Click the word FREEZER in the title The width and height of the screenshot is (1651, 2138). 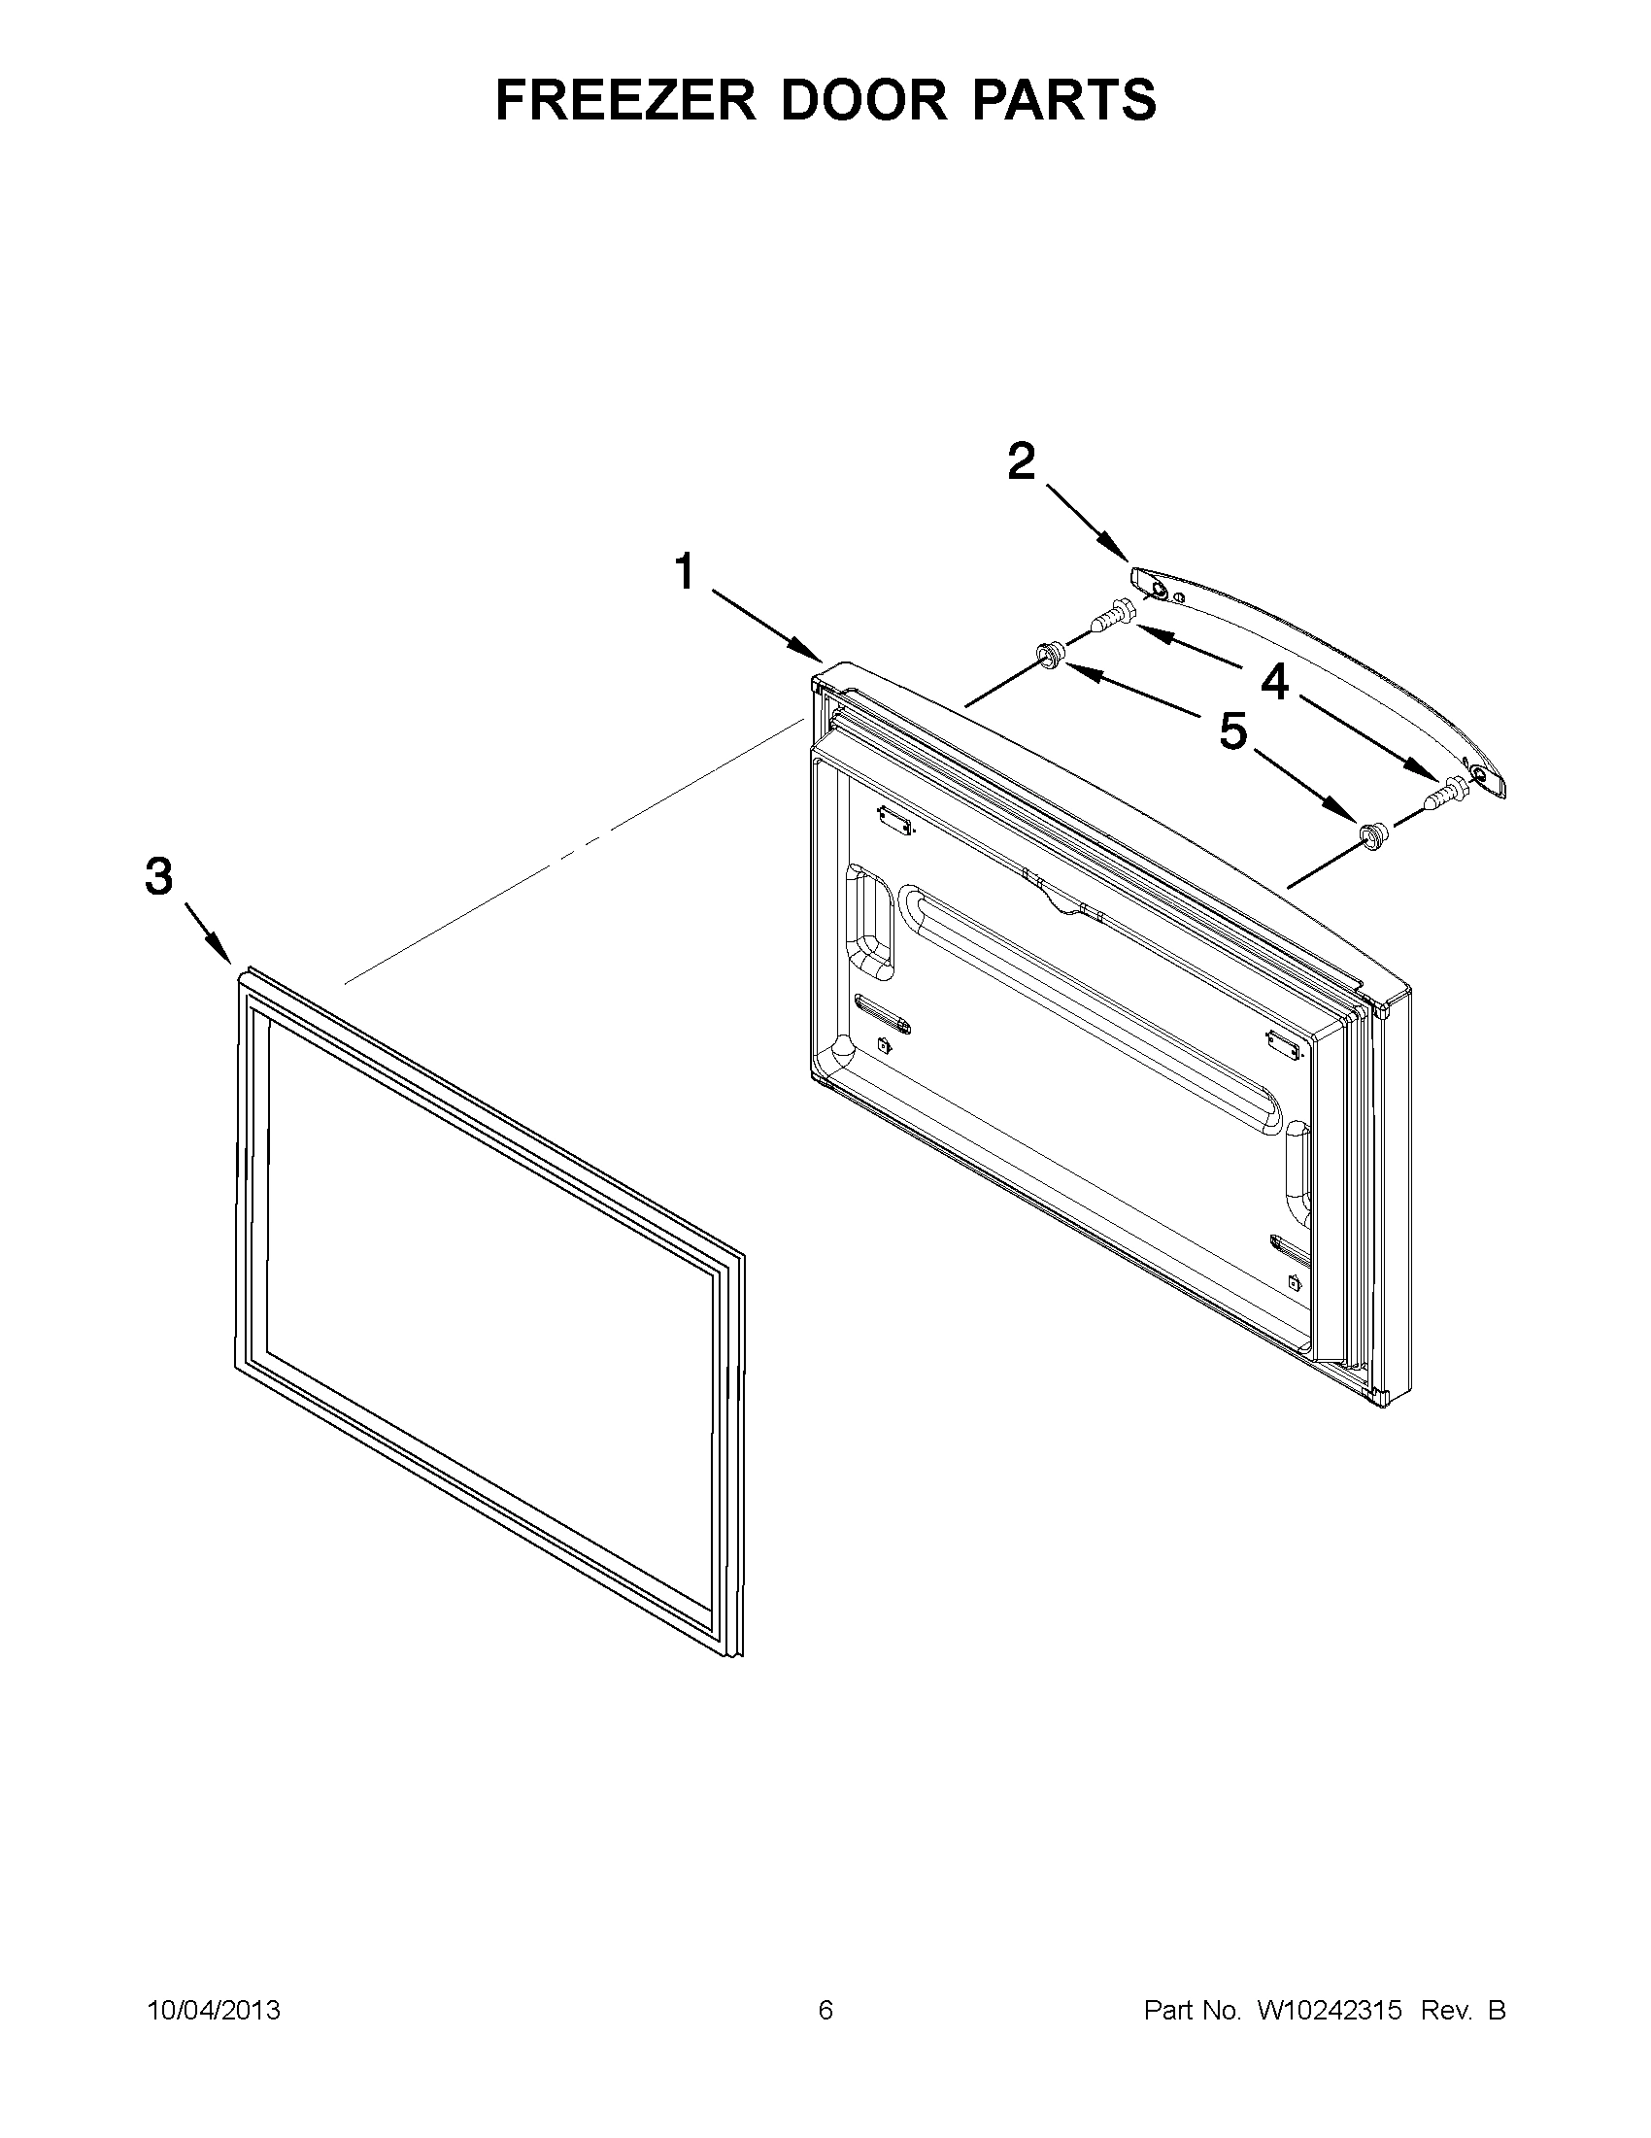pos(625,100)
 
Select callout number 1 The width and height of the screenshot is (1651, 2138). pos(685,572)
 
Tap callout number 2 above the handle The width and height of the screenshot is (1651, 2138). pos(1021,461)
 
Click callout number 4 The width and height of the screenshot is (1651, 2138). pos(1273,681)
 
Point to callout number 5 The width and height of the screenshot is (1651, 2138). pos(1232,730)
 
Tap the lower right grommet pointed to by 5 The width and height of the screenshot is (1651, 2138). pos(1371,833)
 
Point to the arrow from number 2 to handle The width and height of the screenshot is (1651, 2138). pos(1085,522)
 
